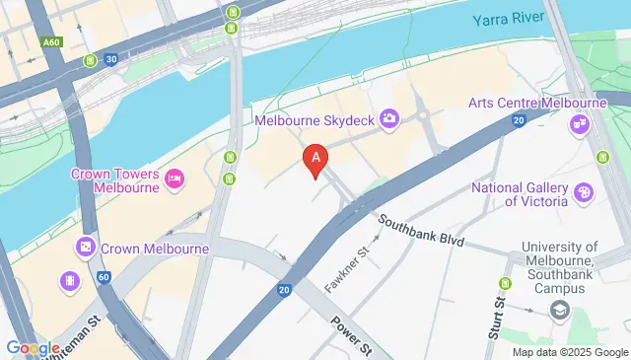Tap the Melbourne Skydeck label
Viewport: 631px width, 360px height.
[315, 119]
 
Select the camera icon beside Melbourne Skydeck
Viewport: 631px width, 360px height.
[389, 119]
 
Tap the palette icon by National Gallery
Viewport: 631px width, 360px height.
[584, 193]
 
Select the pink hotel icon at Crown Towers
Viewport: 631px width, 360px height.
[174, 178]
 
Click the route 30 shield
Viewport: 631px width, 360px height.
[111, 59]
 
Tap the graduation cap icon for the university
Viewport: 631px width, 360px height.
[560, 311]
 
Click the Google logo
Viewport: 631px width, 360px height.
[33, 347]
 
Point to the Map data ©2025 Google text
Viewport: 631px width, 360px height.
[569, 352]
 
